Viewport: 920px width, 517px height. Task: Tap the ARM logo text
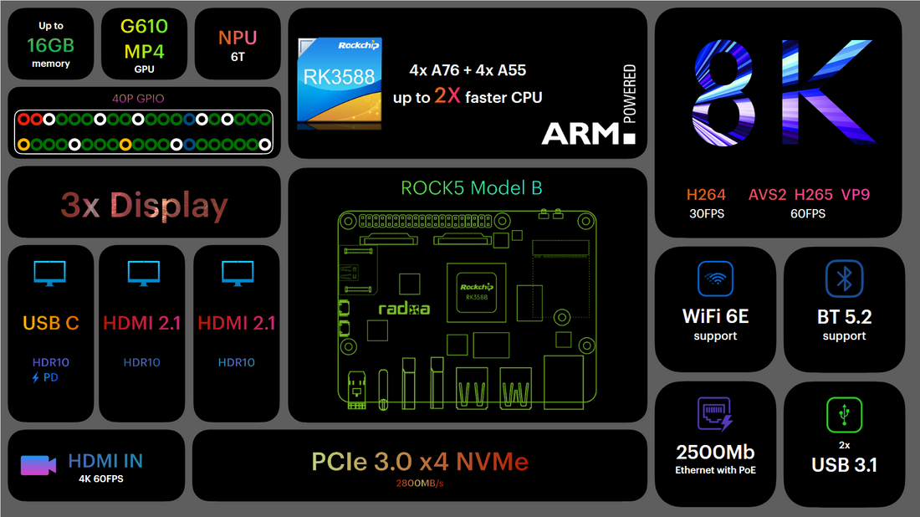[582, 133]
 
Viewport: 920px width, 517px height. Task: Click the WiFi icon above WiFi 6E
[715, 279]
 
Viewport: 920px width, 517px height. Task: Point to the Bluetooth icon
[844, 279]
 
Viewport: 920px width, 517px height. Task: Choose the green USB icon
[844, 414]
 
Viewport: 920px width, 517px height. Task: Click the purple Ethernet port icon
[715, 415]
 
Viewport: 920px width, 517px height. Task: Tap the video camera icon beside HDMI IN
[38, 465]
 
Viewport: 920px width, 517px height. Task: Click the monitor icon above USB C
[50, 274]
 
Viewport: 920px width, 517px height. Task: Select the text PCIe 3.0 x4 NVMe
[420, 461]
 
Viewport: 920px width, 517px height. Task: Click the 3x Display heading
[144, 206]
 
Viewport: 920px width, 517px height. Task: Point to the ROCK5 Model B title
[471, 187]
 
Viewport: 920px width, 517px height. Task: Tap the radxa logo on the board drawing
[404, 309]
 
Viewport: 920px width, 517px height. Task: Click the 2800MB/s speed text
[420, 483]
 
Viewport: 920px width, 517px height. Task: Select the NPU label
[238, 38]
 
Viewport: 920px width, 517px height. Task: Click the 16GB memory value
[51, 44]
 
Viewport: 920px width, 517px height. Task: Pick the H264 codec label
[707, 195]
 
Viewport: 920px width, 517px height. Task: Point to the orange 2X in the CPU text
[447, 97]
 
